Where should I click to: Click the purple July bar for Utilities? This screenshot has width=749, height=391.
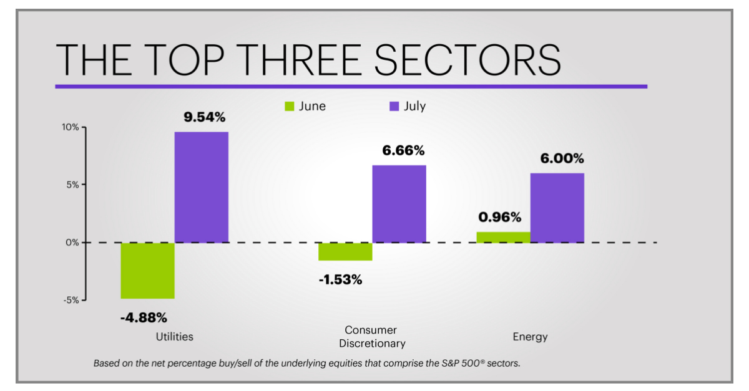click(201, 187)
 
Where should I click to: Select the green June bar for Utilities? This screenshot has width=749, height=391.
click(147, 270)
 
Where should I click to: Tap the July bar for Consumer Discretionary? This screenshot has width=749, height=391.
click(399, 203)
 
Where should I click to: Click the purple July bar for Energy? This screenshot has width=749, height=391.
click(557, 208)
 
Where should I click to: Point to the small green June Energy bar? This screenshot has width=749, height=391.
click(503, 237)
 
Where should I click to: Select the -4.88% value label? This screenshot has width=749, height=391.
click(144, 317)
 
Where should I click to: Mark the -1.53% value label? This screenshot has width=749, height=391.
click(340, 279)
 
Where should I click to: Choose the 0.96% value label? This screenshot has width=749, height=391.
click(499, 217)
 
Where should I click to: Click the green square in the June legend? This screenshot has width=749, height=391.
click(290, 107)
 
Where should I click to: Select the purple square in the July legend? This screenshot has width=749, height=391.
click(394, 107)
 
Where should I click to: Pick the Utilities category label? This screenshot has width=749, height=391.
click(174, 336)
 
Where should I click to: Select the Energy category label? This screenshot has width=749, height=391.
click(530, 337)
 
